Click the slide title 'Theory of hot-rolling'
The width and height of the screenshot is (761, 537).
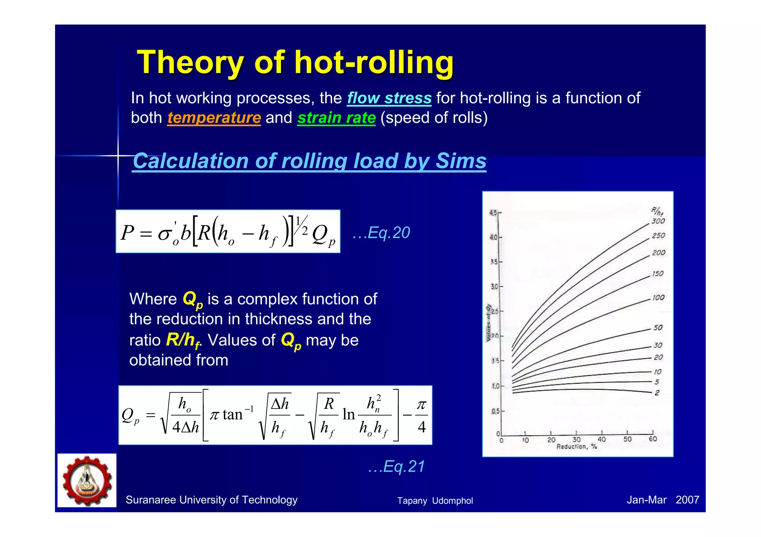tap(295, 62)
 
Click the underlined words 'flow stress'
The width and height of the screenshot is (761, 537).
tap(389, 98)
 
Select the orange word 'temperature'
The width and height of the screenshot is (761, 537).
tap(214, 118)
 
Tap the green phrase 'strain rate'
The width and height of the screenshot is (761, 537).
tap(336, 118)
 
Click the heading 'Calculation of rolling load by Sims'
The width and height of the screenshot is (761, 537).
tap(309, 161)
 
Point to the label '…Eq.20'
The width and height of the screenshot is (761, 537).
tap(381, 233)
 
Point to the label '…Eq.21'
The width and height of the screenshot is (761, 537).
tap(396, 466)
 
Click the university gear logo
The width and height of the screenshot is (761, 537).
tap(87, 480)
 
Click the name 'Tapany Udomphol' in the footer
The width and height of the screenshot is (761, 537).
tap(435, 501)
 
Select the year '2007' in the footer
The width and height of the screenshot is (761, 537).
tap(687, 500)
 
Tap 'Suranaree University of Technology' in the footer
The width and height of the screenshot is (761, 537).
tap(211, 500)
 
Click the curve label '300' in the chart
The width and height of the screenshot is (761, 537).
tap(658, 221)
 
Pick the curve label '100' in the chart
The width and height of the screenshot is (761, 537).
tap(658, 298)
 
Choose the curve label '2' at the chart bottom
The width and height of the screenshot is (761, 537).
tap(657, 393)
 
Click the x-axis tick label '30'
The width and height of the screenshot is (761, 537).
tap(576, 440)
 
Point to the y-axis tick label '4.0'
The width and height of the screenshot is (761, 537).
tap(493, 237)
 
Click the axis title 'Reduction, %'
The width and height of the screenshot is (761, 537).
tap(576, 446)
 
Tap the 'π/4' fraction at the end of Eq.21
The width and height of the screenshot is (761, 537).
tap(421, 415)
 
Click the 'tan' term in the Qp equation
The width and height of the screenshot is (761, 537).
tap(232, 414)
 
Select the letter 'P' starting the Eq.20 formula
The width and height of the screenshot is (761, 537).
tap(127, 233)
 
